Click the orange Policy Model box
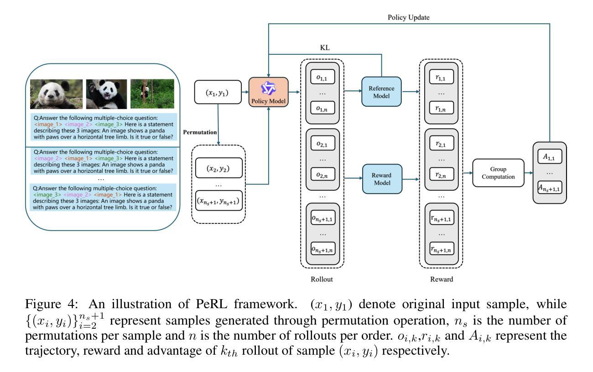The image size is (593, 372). pos(268,92)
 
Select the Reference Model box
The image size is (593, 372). pos(381,92)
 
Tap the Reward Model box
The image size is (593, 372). pos(382,179)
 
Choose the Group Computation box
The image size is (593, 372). pos(498,173)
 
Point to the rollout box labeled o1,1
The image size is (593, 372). pos(323,77)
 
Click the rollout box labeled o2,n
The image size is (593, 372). pos(323,174)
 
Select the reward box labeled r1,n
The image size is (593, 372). pos(441,108)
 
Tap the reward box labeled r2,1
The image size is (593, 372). pos(441,143)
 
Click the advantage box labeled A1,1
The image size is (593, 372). pos(550,156)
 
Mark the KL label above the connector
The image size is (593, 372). pos(325,47)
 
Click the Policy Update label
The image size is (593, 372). pos(408,17)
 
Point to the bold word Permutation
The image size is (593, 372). pos(200,132)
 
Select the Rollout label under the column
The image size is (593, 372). pos(322,279)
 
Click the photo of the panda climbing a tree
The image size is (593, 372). pos(152,93)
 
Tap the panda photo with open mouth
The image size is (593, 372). pos(106,94)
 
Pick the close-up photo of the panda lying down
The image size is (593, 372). pos(57,94)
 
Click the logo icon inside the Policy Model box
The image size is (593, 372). pos(268,88)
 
